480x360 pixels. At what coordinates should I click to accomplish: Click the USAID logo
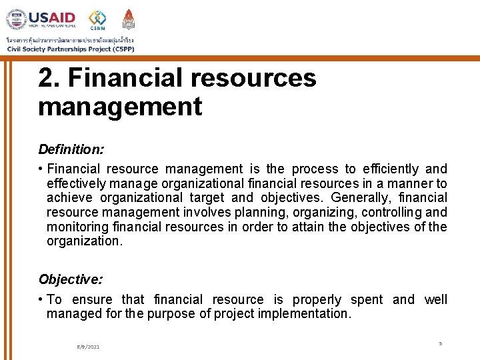(41, 19)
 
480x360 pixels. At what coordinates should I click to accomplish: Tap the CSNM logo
(97, 19)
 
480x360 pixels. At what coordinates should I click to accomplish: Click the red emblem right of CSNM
(129, 19)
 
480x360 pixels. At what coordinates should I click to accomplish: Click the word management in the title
(120, 107)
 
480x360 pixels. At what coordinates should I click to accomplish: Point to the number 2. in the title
(49, 78)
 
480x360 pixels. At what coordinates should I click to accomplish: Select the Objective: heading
(70, 279)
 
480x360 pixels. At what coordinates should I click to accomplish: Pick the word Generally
(359, 198)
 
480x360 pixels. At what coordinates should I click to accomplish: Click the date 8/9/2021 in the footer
(88, 347)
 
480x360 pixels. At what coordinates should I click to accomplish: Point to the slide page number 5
(440, 343)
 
